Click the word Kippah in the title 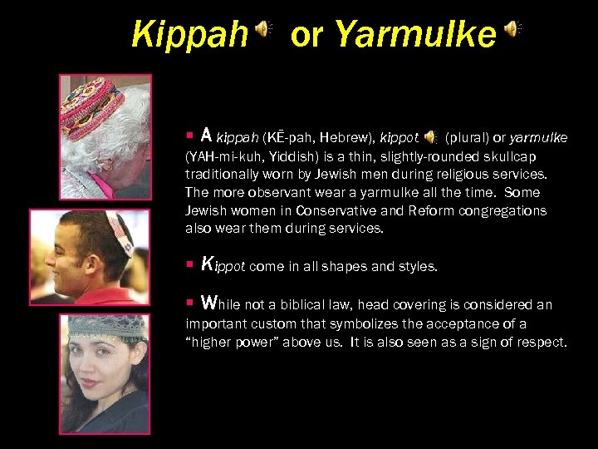tap(189, 35)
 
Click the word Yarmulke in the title tap(415, 35)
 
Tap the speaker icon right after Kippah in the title tap(262, 31)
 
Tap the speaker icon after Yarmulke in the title tap(512, 31)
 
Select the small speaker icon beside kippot tap(431, 136)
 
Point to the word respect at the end tap(542, 342)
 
